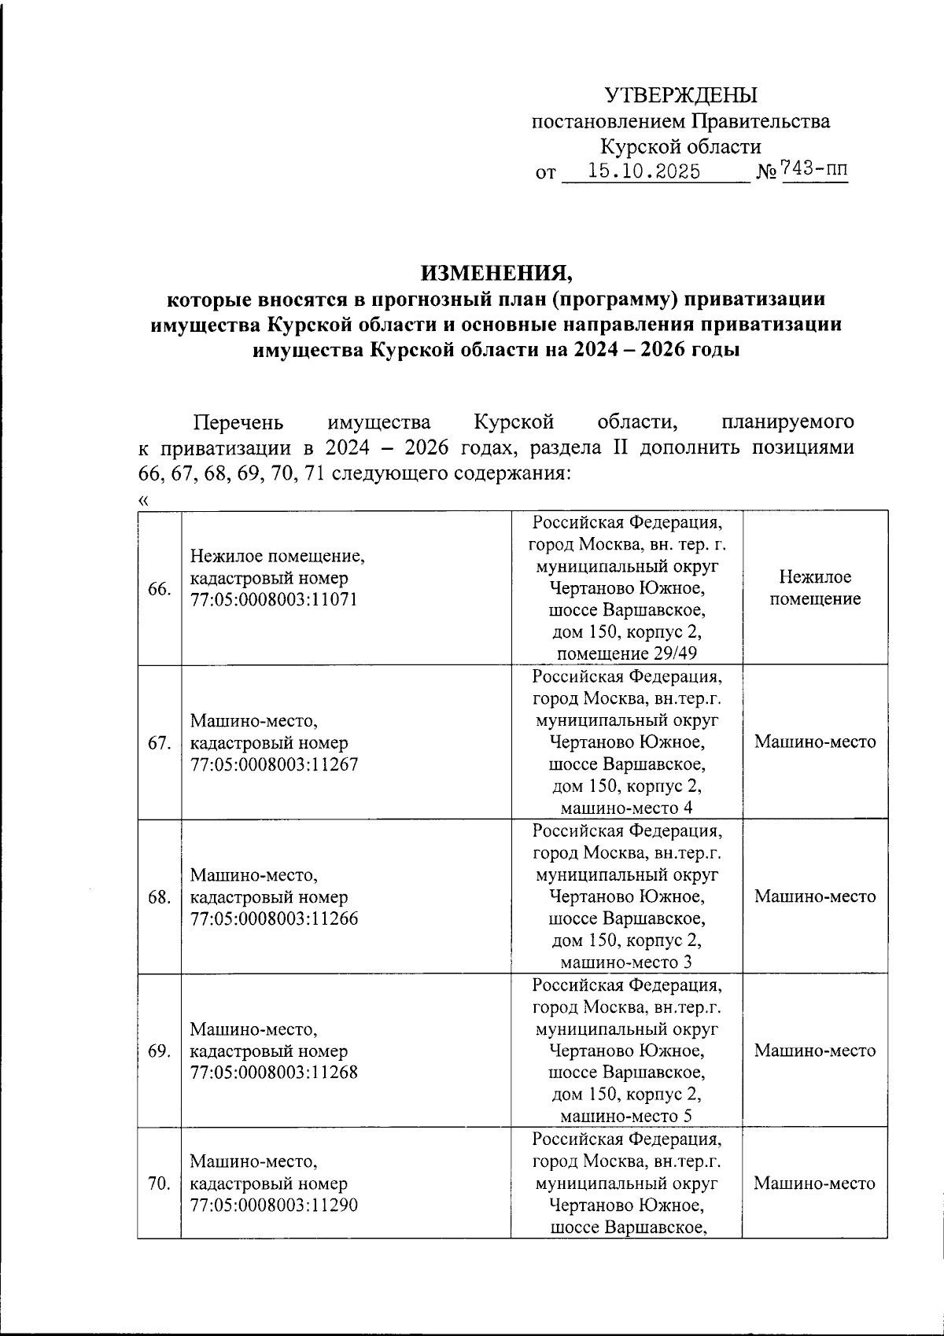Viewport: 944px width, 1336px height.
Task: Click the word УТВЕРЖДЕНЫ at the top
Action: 680,95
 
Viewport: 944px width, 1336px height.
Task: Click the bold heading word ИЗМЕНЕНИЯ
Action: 497,273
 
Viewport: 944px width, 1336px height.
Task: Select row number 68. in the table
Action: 160,897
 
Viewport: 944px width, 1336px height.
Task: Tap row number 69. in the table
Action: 160,1051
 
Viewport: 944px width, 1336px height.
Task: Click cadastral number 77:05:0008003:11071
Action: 274,599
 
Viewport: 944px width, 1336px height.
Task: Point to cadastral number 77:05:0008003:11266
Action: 274,918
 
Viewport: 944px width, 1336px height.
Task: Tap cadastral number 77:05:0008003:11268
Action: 274,1072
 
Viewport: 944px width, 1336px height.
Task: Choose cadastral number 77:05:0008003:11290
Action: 274,1205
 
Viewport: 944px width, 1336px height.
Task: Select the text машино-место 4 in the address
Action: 626,808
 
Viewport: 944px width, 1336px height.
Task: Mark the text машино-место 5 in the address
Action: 626,1117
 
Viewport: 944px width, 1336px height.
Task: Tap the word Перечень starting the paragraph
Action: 238,422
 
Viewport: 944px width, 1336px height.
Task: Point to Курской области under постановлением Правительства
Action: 680,147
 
